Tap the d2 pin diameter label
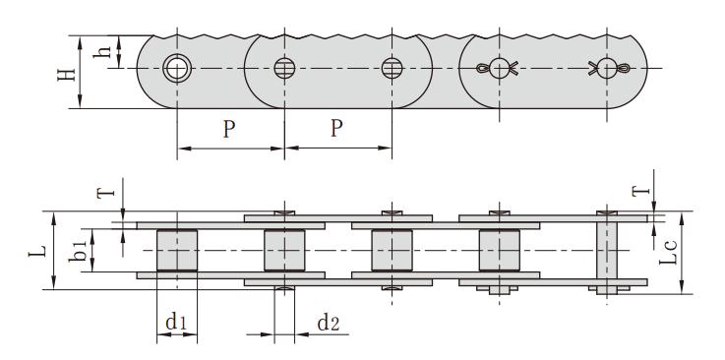330,321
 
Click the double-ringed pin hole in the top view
177,68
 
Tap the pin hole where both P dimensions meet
284,68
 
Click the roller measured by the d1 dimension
177,251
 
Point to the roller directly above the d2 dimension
283,251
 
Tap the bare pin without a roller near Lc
607,251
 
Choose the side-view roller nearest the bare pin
499,251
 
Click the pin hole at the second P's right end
392,68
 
